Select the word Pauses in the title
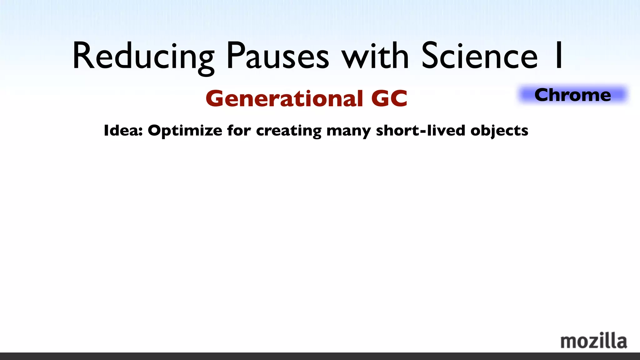(x=278, y=56)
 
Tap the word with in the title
(x=375, y=56)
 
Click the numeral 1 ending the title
(x=558, y=56)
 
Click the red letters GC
(x=389, y=98)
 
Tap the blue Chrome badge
(x=573, y=95)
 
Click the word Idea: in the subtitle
(x=123, y=130)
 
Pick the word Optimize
(x=185, y=131)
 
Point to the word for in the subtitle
(x=239, y=130)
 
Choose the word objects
(x=499, y=131)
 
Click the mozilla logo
(x=593, y=341)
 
